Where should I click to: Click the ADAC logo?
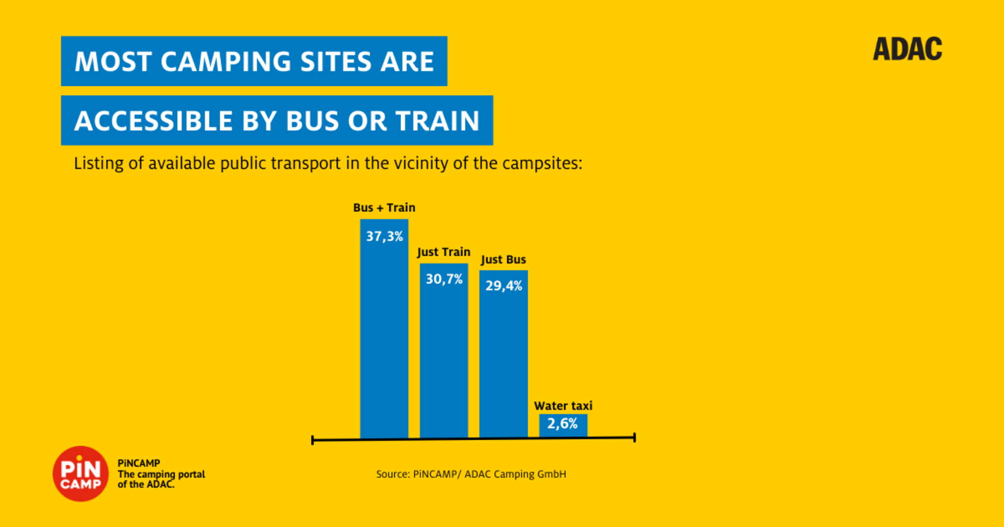tap(907, 49)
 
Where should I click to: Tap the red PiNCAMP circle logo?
tap(81, 474)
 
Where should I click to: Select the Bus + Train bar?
tap(384, 340)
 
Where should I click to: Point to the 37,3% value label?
tap(384, 236)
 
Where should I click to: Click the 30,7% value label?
tap(444, 279)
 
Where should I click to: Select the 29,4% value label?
tap(504, 286)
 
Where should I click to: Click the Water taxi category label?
tap(563, 406)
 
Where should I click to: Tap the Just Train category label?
tap(443, 252)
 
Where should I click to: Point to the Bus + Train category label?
tap(384, 208)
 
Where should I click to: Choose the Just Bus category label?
tap(503, 260)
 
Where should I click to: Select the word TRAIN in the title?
tap(437, 121)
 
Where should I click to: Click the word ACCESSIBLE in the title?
tap(153, 121)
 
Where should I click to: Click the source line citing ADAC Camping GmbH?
tap(471, 474)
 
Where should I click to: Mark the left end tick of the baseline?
tap(312, 440)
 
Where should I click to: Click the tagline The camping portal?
tap(161, 474)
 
